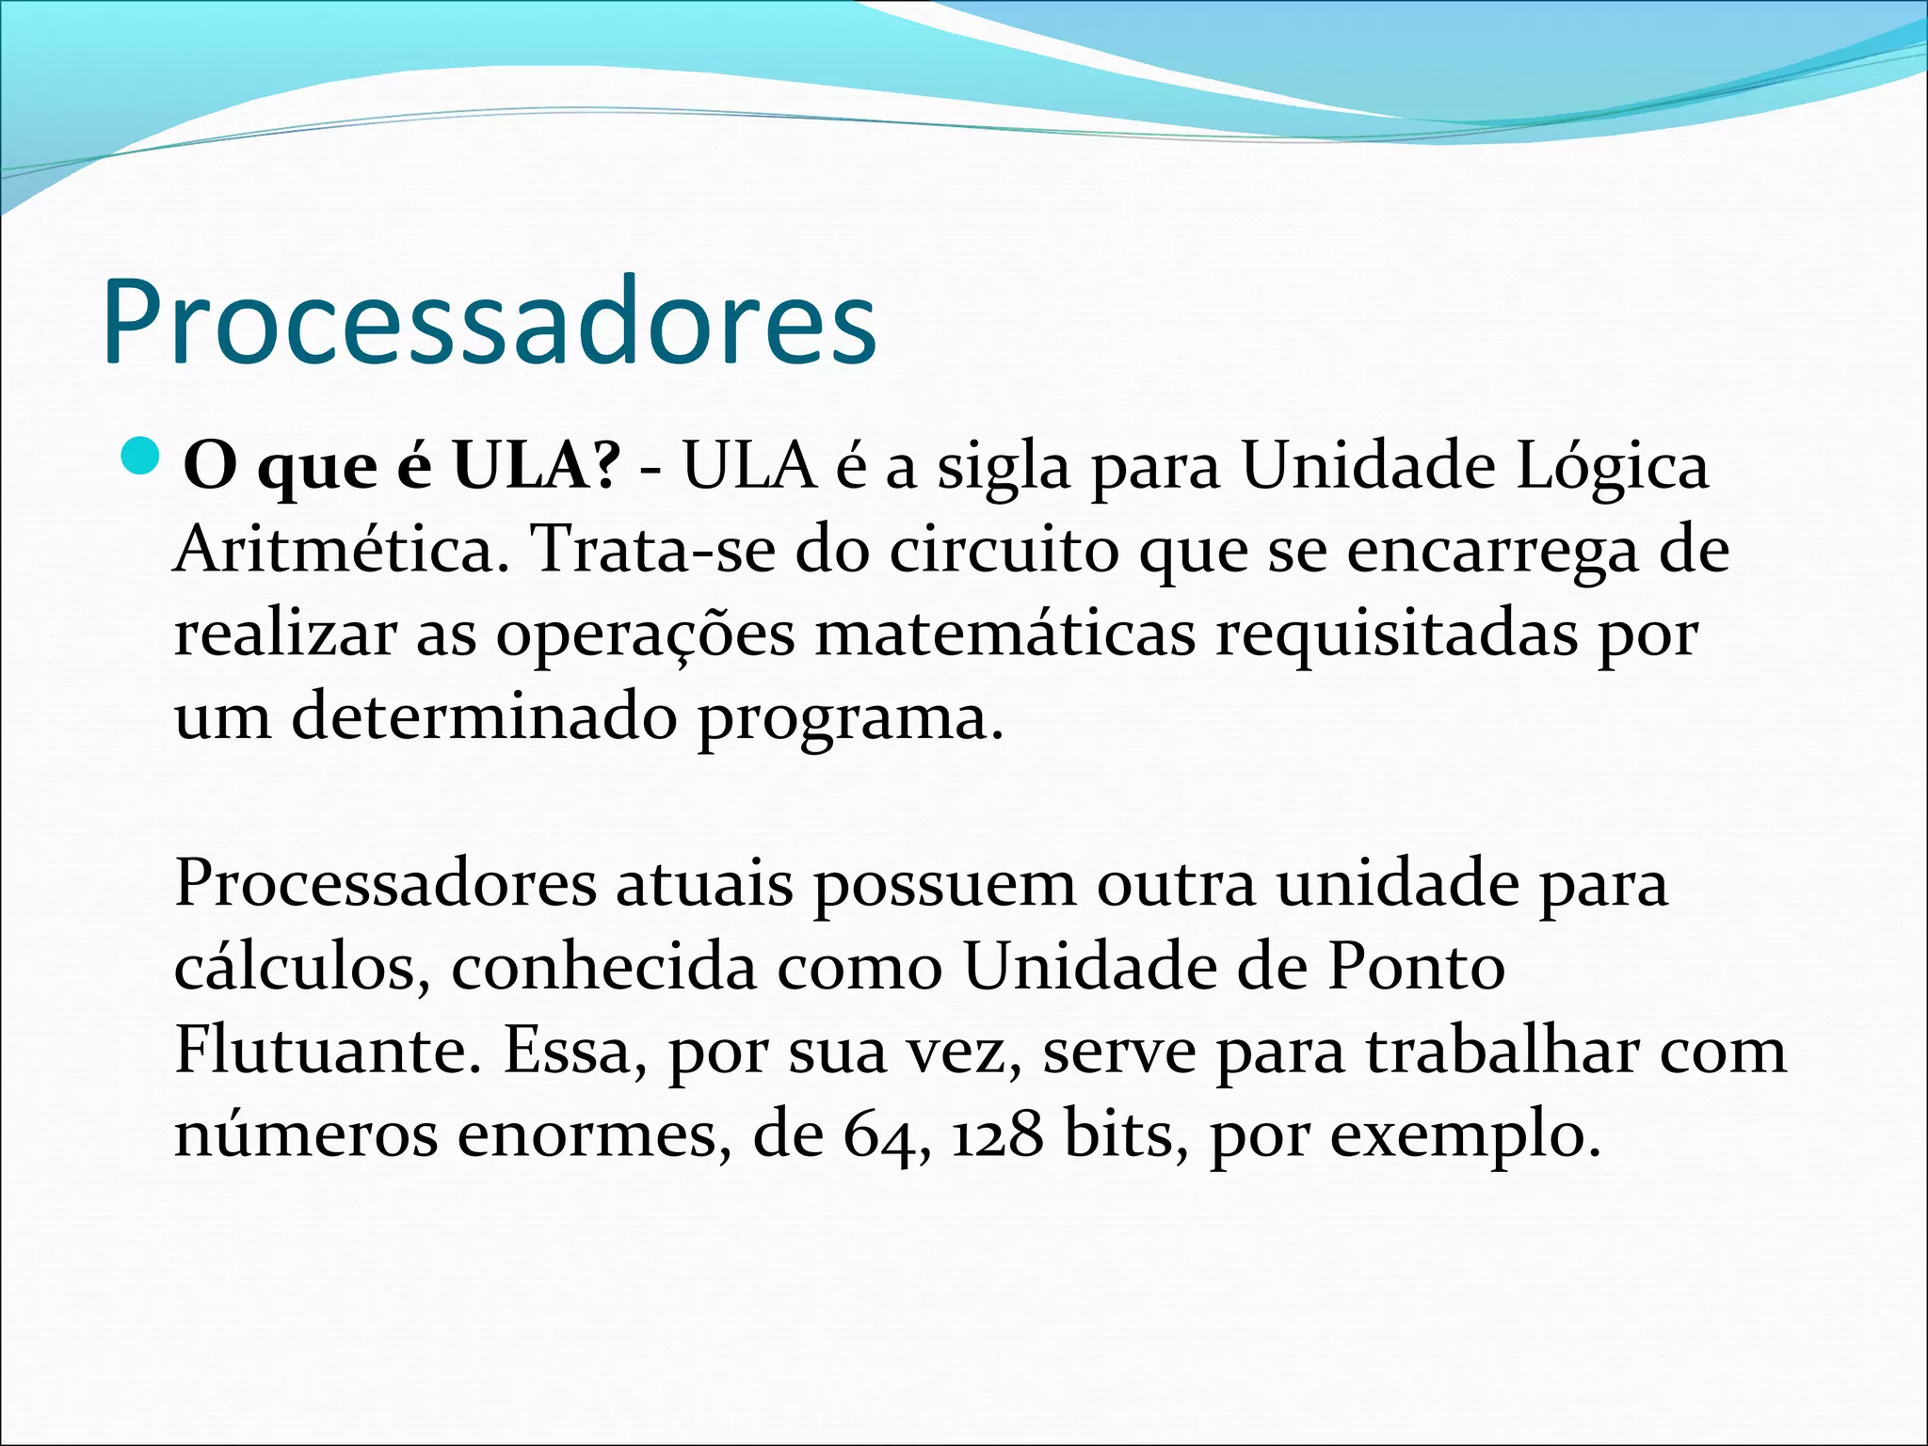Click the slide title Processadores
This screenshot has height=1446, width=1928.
(x=490, y=322)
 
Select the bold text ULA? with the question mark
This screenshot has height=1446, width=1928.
(x=537, y=465)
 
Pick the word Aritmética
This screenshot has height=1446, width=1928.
(x=335, y=549)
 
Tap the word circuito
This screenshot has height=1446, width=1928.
(x=1004, y=549)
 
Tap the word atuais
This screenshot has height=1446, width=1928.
(x=704, y=884)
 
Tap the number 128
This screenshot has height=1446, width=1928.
(x=997, y=1134)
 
